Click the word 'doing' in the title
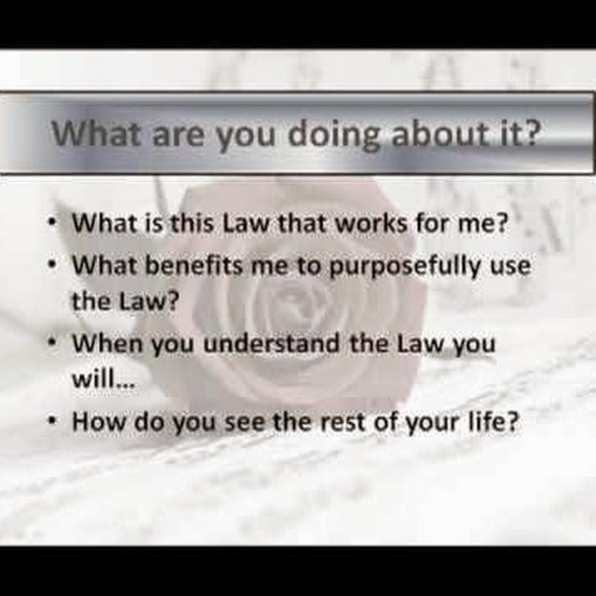pyautogui.click(x=334, y=136)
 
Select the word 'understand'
pyautogui.click(x=272, y=343)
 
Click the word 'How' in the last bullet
pyautogui.click(x=99, y=422)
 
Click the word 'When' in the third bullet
pyautogui.click(x=107, y=343)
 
